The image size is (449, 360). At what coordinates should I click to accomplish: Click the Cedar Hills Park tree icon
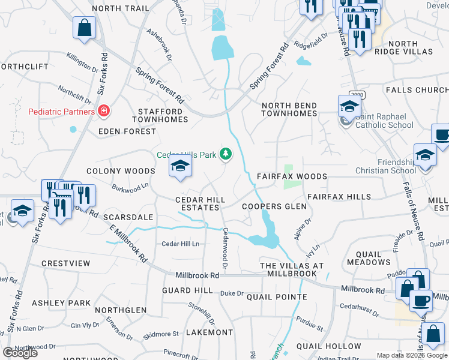pos(226,155)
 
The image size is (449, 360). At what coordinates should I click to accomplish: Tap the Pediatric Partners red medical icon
pos(104,112)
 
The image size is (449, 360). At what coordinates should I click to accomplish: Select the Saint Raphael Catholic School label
pos(383,121)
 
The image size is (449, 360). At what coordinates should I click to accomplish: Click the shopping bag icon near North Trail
pos(84,27)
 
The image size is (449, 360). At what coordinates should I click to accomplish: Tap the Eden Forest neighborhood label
pos(122,131)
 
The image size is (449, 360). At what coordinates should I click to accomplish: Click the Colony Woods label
pos(121,172)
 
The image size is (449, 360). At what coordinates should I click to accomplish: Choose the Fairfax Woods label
pos(292,177)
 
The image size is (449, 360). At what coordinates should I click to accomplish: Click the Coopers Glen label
pos(274,206)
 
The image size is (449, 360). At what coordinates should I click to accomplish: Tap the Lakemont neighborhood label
pos(209,332)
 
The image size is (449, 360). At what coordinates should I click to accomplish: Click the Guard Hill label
pos(187,290)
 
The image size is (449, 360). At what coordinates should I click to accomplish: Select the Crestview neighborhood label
pos(65,263)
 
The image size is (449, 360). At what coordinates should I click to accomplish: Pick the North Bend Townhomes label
pos(289,110)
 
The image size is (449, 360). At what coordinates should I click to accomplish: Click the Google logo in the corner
pos(20,353)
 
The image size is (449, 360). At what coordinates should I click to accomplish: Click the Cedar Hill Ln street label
pos(180,244)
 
